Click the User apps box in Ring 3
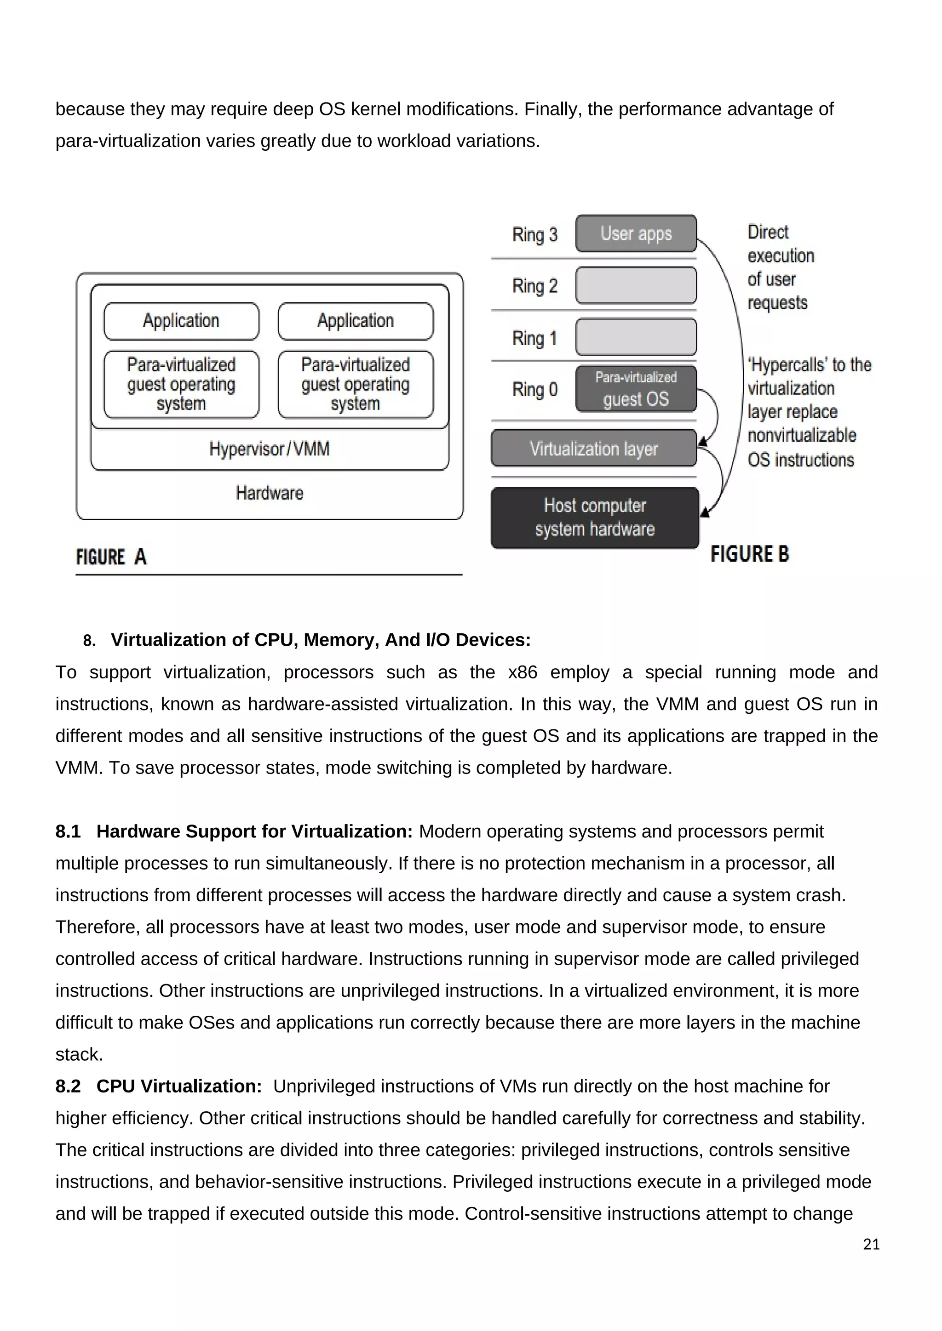click(636, 233)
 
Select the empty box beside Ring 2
click(636, 285)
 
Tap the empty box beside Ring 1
click(636, 337)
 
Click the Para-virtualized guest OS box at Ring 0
click(636, 389)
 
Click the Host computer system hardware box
click(595, 518)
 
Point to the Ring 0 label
click(534, 390)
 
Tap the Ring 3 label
click(534, 235)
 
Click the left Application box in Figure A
click(181, 321)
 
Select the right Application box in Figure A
click(356, 321)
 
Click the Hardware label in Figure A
click(269, 493)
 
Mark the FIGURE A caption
click(111, 557)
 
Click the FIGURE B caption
click(749, 554)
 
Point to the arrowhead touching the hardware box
click(704, 512)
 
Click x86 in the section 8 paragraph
click(522, 672)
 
